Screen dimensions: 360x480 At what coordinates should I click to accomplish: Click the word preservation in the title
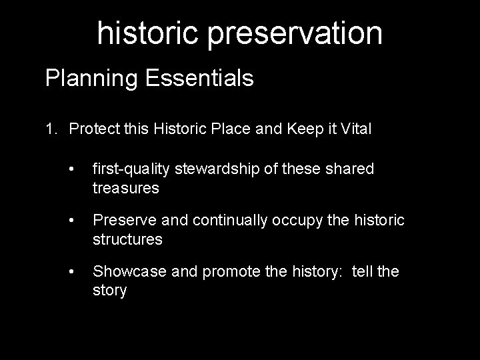(295, 33)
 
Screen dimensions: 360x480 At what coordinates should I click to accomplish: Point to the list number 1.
(51, 129)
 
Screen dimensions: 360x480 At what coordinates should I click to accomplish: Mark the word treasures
(126, 188)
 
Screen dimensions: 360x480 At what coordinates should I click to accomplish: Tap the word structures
(127, 239)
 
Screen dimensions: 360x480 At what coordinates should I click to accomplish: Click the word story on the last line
(109, 291)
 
